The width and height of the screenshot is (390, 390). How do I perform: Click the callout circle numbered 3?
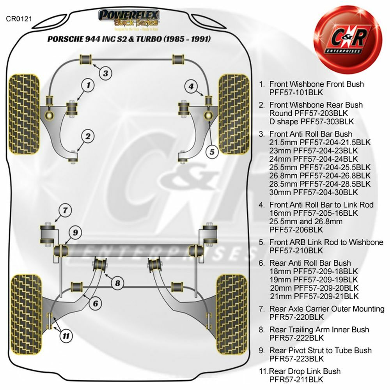pyautogui.click(x=105, y=73)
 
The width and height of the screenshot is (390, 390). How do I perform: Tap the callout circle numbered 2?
pyautogui.click(x=88, y=136)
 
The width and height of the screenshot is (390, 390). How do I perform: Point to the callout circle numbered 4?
pyautogui.click(x=191, y=86)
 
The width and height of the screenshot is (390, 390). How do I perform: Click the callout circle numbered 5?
pyautogui.click(x=212, y=152)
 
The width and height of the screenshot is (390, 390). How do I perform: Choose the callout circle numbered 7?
pyautogui.click(x=66, y=211)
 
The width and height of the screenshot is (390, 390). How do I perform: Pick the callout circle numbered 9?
pyautogui.click(x=76, y=233)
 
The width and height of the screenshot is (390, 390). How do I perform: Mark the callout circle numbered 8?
pyautogui.click(x=117, y=283)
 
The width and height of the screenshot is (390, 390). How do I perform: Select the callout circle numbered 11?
pyautogui.click(x=67, y=334)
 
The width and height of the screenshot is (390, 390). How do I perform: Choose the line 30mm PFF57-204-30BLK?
pyautogui.click(x=314, y=192)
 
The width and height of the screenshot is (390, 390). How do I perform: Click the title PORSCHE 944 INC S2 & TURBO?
pyautogui.click(x=129, y=39)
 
